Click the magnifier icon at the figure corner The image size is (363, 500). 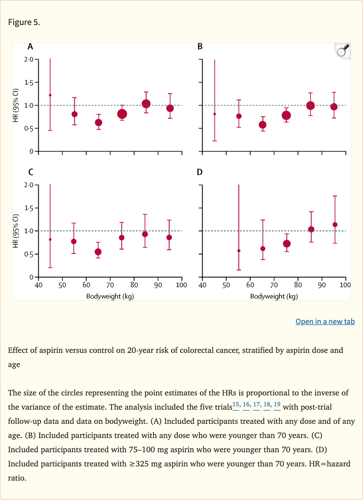pyautogui.click(x=343, y=50)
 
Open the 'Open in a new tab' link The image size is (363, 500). pyautogui.click(x=325, y=322)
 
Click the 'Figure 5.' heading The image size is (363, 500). pyautogui.click(x=24, y=22)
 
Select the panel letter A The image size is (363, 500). pyautogui.click(x=30, y=46)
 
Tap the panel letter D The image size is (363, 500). pyautogui.click(x=199, y=172)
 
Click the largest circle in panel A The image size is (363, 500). pyautogui.click(x=122, y=114)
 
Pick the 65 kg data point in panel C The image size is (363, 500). pyautogui.click(x=98, y=252)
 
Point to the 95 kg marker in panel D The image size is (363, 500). pyautogui.click(x=335, y=225)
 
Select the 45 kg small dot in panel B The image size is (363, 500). pyautogui.click(x=215, y=114)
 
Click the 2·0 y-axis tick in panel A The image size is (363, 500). pyautogui.click(x=29, y=59)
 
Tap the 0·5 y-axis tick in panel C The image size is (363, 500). pyautogui.click(x=29, y=254)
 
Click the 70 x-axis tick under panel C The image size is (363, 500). pyautogui.click(x=110, y=285)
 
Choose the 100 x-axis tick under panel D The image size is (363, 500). pyautogui.click(x=345, y=285)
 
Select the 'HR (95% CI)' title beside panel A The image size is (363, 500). pyautogui.click(x=16, y=105)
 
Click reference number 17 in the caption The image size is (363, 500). pyautogui.click(x=257, y=404)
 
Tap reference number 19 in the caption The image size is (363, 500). pyautogui.click(x=277, y=404)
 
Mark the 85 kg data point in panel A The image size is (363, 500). pyautogui.click(x=146, y=104)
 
